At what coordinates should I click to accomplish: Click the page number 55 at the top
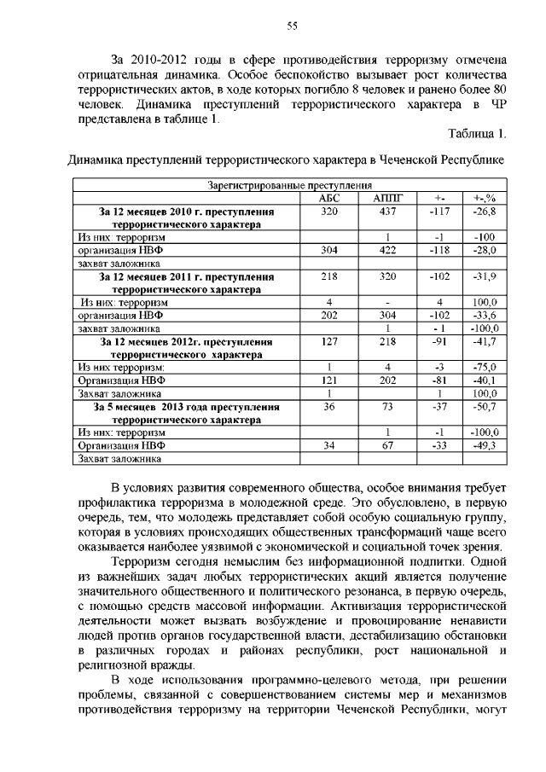pyautogui.click(x=291, y=26)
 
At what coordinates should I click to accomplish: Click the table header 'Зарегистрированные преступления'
pyautogui.click(x=291, y=185)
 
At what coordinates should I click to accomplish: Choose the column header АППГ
pyautogui.click(x=387, y=198)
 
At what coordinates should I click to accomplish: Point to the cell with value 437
pyautogui.click(x=387, y=211)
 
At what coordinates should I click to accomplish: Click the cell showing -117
pyautogui.click(x=439, y=211)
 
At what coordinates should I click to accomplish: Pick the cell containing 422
pyautogui.click(x=387, y=250)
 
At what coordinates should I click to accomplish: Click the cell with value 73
pyautogui.click(x=387, y=407)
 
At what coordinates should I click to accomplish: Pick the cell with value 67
pyautogui.click(x=387, y=445)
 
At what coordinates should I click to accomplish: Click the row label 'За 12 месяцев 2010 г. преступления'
pyautogui.click(x=186, y=211)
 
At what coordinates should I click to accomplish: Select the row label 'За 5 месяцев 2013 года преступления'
pyautogui.click(x=186, y=407)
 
